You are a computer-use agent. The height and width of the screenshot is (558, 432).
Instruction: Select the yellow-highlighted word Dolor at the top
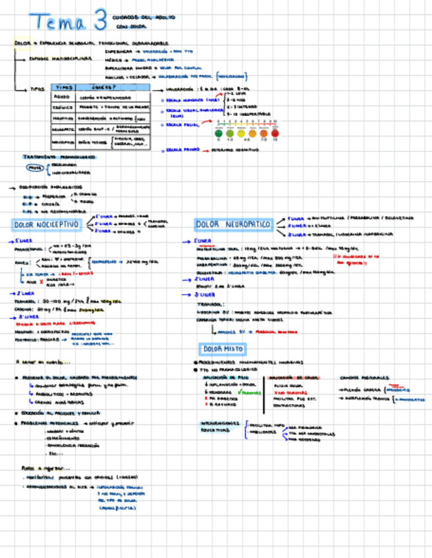pos(22,43)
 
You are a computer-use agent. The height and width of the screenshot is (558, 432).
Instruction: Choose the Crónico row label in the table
pos(63,107)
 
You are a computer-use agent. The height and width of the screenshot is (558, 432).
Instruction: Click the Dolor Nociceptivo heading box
pos(46,225)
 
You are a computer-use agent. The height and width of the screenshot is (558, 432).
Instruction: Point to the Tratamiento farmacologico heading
pos(59,157)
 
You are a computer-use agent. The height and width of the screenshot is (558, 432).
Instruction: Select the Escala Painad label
pos(180,150)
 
